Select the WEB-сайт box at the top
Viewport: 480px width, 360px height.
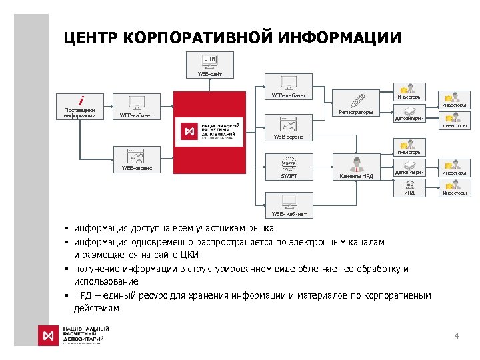(209, 73)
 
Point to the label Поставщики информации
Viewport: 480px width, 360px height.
(79, 113)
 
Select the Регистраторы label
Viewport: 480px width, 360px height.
(356, 112)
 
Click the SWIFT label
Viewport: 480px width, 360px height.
(289, 176)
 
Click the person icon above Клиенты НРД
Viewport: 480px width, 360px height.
(357, 164)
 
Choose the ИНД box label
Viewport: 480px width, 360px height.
(409, 193)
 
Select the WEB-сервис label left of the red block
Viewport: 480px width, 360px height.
(137, 168)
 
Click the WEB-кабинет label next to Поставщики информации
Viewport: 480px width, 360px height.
(136, 115)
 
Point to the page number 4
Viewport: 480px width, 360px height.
(456, 335)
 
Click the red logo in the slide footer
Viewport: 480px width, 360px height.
(48, 335)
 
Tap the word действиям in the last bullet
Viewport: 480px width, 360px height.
(97, 309)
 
